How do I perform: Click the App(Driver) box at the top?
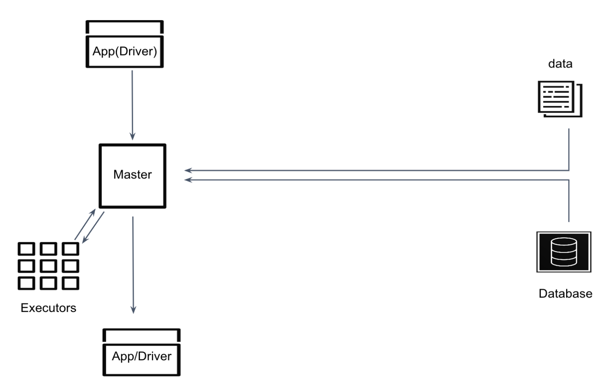pyautogui.click(x=124, y=51)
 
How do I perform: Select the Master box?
pyautogui.click(x=133, y=176)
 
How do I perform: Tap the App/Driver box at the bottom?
pyautogui.click(x=141, y=356)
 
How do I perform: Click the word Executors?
pyautogui.click(x=48, y=308)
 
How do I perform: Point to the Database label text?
pyautogui.click(x=565, y=294)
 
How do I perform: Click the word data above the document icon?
pyautogui.click(x=560, y=64)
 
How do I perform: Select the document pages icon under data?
pyautogui.click(x=560, y=99)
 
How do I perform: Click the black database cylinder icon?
pyautogui.click(x=564, y=252)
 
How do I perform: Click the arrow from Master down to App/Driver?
pyautogui.click(x=133, y=264)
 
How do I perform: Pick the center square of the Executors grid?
pyautogui.click(x=48, y=266)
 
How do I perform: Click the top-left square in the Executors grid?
pyautogui.click(x=26, y=249)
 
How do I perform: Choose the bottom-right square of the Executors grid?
pyautogui.click(x=71, y=283)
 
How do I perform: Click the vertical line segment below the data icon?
pyautogui.click(x=569, y=149)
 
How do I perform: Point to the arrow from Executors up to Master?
pyautogui.click(x=85, y=225)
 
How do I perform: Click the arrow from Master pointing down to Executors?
pyautogui.click(x=93, y=227)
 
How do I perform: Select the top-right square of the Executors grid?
pyautogui.click(x=71, y=249)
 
